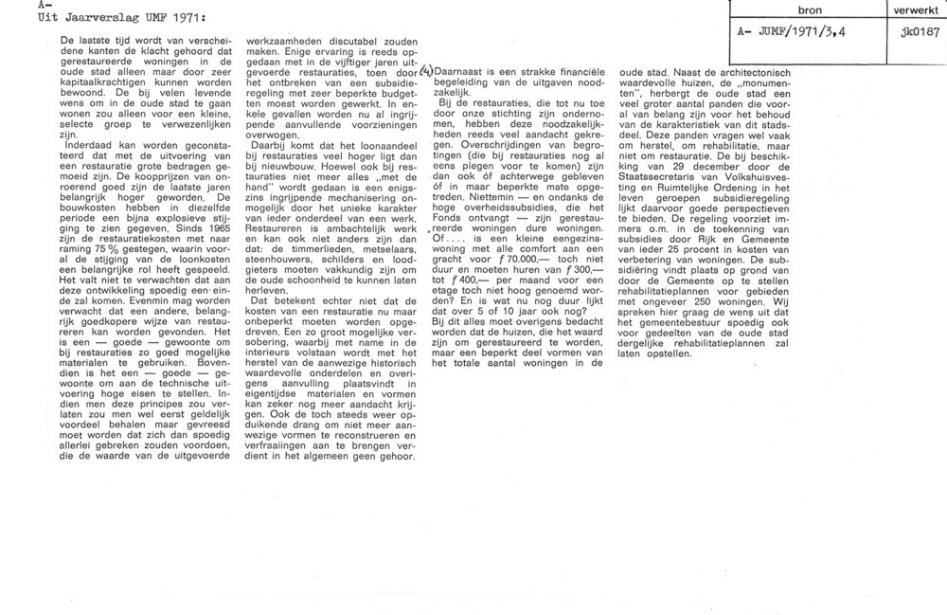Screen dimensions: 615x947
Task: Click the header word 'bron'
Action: tap(810, 10)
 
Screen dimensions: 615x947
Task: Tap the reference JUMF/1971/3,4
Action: tap(803, 31)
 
